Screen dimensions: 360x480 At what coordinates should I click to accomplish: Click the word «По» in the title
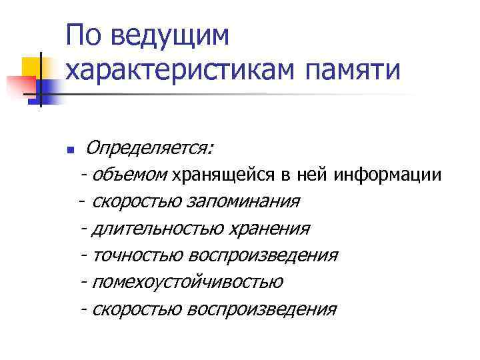85,35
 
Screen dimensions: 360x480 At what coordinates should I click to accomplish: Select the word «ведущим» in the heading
169,37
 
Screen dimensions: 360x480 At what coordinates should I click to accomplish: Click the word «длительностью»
159,229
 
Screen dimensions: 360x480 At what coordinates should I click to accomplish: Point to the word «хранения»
269,229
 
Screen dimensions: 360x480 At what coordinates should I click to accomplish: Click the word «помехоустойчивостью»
188,283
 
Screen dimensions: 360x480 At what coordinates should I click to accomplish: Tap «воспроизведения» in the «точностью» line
263,255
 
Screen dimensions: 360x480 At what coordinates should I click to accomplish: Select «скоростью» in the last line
138,309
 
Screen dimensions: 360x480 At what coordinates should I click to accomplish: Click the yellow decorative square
31,66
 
